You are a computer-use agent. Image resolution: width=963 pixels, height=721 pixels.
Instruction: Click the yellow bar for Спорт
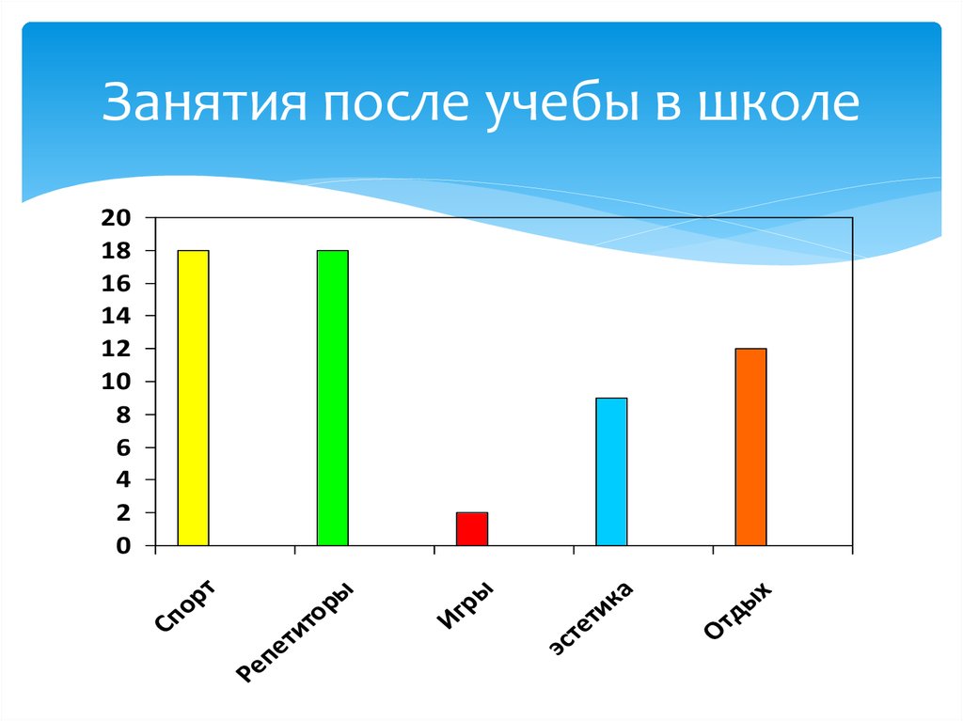[193, 398]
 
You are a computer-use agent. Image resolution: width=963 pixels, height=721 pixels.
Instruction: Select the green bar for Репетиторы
[332, 398]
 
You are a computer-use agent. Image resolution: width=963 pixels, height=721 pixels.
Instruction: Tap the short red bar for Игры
[471, 528]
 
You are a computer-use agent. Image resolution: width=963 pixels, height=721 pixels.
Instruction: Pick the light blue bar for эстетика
[611, 471]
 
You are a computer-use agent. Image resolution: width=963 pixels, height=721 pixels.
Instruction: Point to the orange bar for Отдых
[750, 447]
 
